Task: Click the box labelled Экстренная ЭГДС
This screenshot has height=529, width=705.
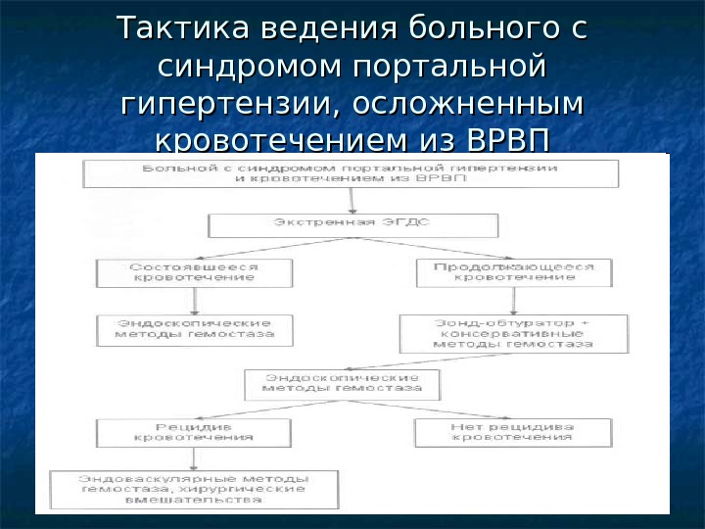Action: pos(353,224)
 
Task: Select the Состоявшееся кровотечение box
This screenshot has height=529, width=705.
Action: pos(194,271)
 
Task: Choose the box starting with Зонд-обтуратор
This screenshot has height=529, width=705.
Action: pos(512,332)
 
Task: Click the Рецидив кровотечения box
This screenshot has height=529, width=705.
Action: pos(194,431)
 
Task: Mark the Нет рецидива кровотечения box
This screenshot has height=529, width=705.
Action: pos(512,431)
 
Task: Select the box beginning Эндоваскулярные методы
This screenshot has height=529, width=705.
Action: pos(194,488)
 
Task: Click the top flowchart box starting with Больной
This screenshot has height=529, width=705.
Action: pos(351,173)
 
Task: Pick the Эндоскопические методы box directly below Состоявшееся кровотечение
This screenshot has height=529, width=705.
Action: pos(194,329)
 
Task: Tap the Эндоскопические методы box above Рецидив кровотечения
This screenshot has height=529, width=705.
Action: pos(341,382)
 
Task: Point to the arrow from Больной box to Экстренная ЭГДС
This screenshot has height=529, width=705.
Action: pos(352,200)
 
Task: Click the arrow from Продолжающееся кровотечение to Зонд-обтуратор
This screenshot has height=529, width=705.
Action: pos(512,301)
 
